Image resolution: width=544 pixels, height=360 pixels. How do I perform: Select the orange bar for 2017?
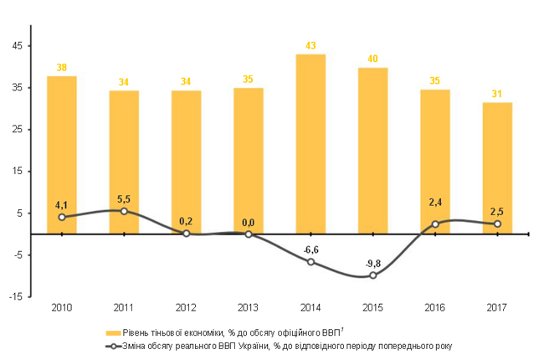(498, 167)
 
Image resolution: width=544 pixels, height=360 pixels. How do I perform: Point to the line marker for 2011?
(124, 211)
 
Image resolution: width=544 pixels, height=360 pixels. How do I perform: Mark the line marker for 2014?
(310, 262)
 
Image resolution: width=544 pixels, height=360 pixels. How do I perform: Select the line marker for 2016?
(435, 224)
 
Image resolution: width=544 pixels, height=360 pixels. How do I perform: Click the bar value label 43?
(310, 46)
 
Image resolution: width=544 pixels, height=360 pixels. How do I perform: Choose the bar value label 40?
(372, 59)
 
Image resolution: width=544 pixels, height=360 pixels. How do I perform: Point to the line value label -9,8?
(372, 262)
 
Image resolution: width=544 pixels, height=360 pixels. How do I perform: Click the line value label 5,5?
(124, 198)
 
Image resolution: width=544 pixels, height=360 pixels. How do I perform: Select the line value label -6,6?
(310, 249)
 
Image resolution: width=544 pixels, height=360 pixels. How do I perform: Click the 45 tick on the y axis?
(16, 46)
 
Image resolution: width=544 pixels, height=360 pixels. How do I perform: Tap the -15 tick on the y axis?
(14, 296)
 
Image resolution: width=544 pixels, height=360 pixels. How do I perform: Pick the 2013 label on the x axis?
(248, 309)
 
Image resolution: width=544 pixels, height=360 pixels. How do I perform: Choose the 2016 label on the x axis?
(435, 309)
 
